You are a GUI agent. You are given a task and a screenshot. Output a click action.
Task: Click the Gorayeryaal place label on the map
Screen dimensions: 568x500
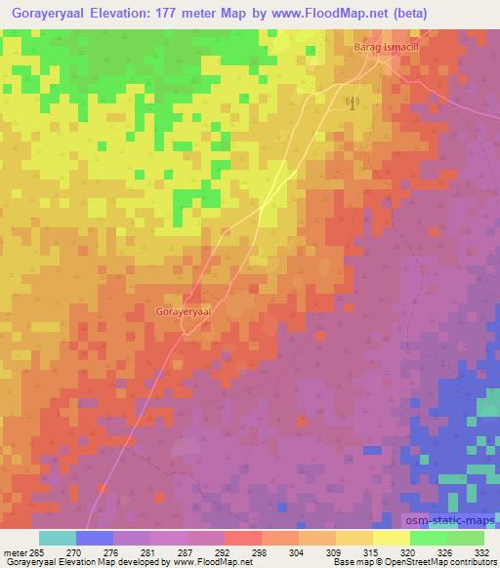click(184, 310)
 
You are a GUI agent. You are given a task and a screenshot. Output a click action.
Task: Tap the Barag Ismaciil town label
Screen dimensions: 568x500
click(388, 46)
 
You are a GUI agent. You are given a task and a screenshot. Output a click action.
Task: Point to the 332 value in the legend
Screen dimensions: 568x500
click(481, 552)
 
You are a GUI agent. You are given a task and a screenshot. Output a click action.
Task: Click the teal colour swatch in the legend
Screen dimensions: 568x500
click(58, 538)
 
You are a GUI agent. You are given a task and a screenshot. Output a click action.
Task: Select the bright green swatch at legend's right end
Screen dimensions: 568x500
click(466, 538)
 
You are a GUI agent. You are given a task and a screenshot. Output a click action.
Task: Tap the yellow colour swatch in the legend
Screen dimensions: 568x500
click(391, 538)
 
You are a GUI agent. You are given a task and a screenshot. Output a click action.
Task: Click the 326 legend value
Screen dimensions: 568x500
click(445, 552)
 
